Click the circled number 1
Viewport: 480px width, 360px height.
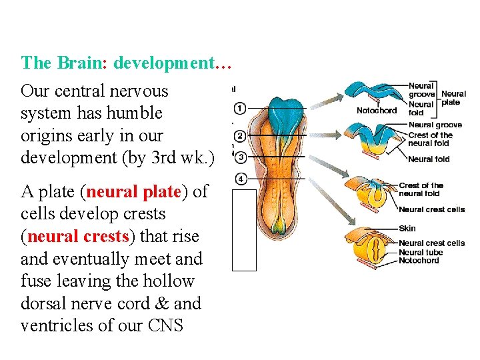pyautogui.click(x=241, y=108)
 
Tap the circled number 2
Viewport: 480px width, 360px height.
pyautogui.click(x=241, y=136)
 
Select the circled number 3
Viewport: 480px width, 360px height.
pyautogui.click(x=241, y=157)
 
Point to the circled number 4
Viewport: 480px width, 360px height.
pyautogui.click(x=241, y=179)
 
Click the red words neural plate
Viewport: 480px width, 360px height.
pyautogui.click(x=134, y=192)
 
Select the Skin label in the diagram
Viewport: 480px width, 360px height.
pyautogui.click(x=407, y=228)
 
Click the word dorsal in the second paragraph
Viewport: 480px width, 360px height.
pyautogui.click(x=45, y=304)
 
